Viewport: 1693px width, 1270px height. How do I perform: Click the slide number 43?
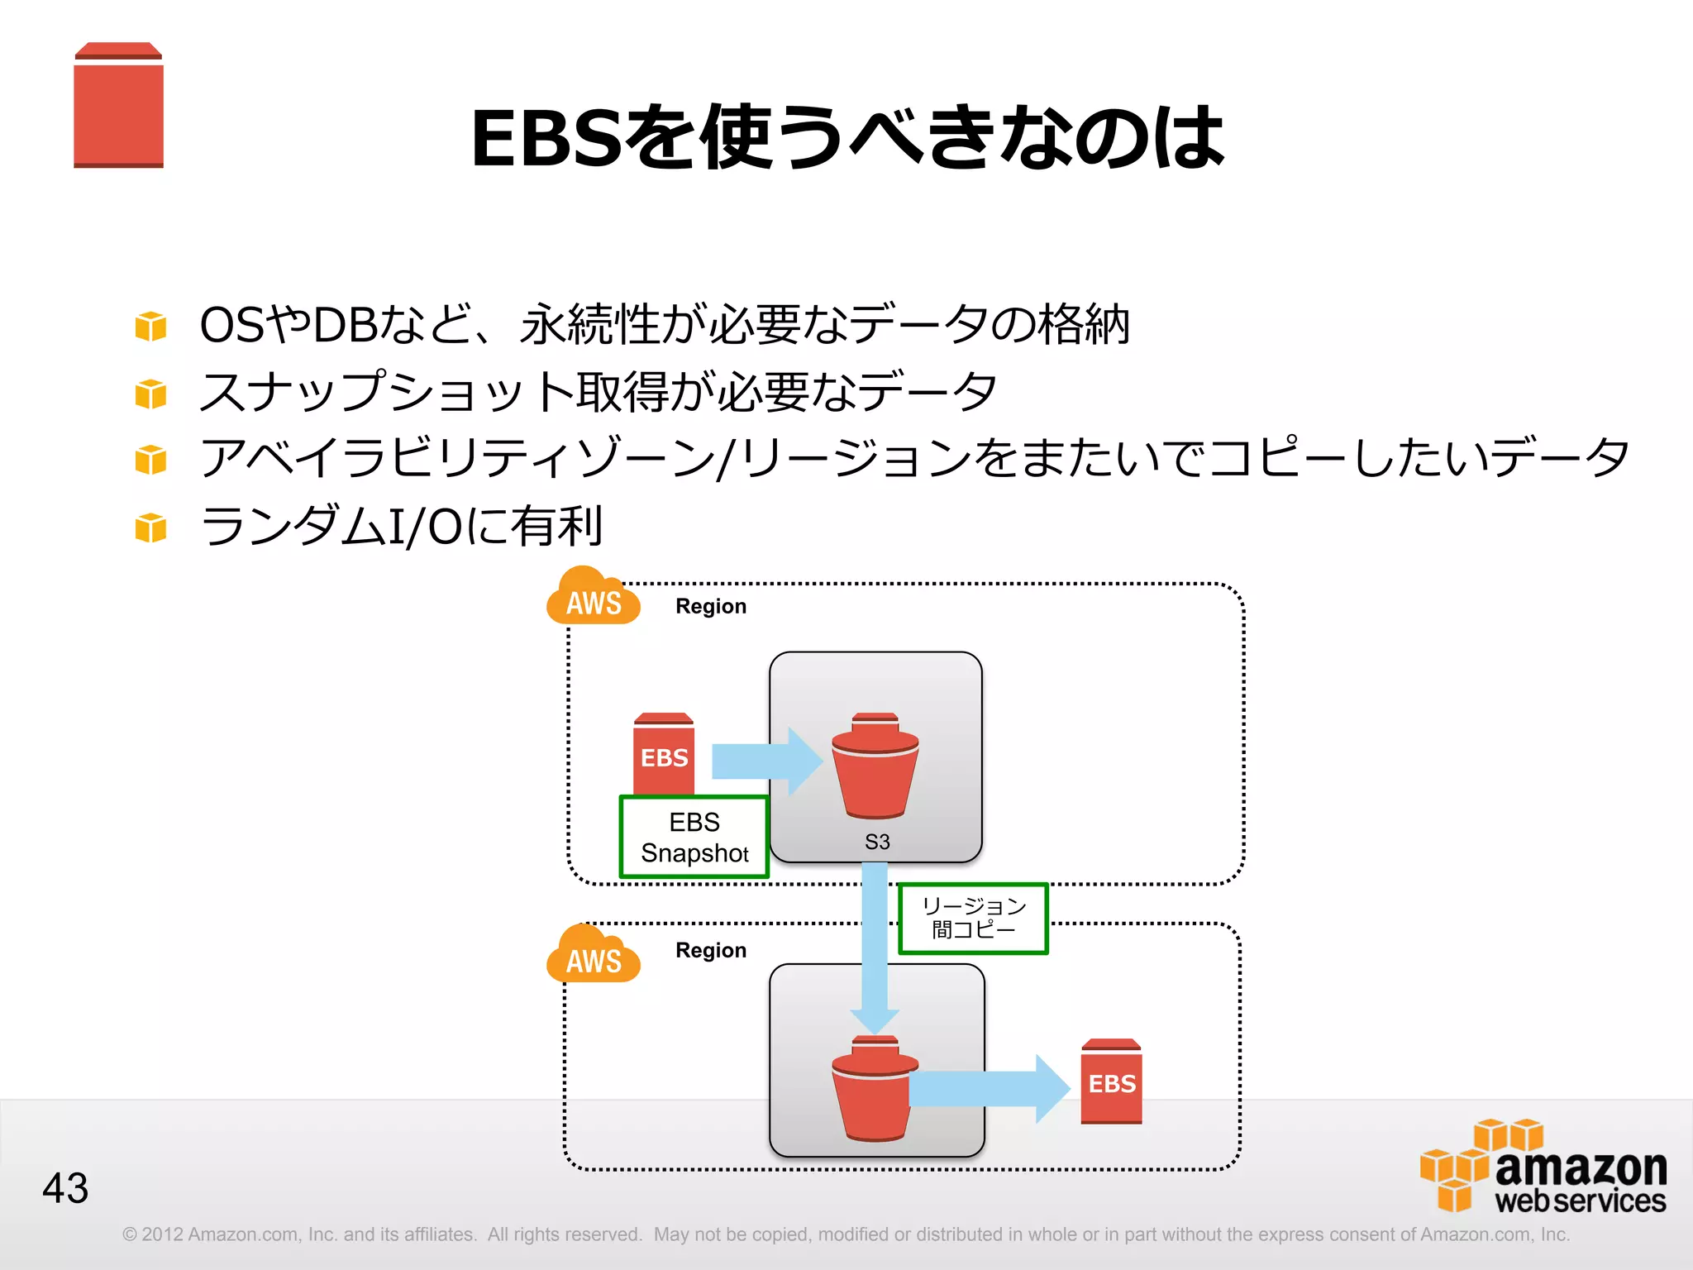(65, 1188)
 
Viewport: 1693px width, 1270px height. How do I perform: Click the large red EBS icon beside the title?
(118, 106)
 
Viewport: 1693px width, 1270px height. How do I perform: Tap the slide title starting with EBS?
(846, 138)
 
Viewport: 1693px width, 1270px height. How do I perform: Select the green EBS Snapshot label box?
(694, 837)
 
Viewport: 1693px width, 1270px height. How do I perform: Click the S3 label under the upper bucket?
(877, 842)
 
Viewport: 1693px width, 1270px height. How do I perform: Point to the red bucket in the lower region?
(872, 1090)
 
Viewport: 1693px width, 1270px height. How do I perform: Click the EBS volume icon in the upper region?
(664, 753)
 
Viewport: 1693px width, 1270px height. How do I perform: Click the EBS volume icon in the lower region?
(1111, 1081)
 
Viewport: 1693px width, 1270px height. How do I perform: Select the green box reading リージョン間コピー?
(973, 919)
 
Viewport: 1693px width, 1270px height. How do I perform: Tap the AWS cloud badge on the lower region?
(593, 957)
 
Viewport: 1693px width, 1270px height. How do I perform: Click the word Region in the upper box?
(711, 606)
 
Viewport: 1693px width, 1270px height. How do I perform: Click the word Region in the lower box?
(711, 950)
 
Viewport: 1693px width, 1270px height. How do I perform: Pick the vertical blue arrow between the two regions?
(875, 943)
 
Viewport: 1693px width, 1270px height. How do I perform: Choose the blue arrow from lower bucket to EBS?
(988, 1088)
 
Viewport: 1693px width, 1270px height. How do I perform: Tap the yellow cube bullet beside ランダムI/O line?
(150, 528)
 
